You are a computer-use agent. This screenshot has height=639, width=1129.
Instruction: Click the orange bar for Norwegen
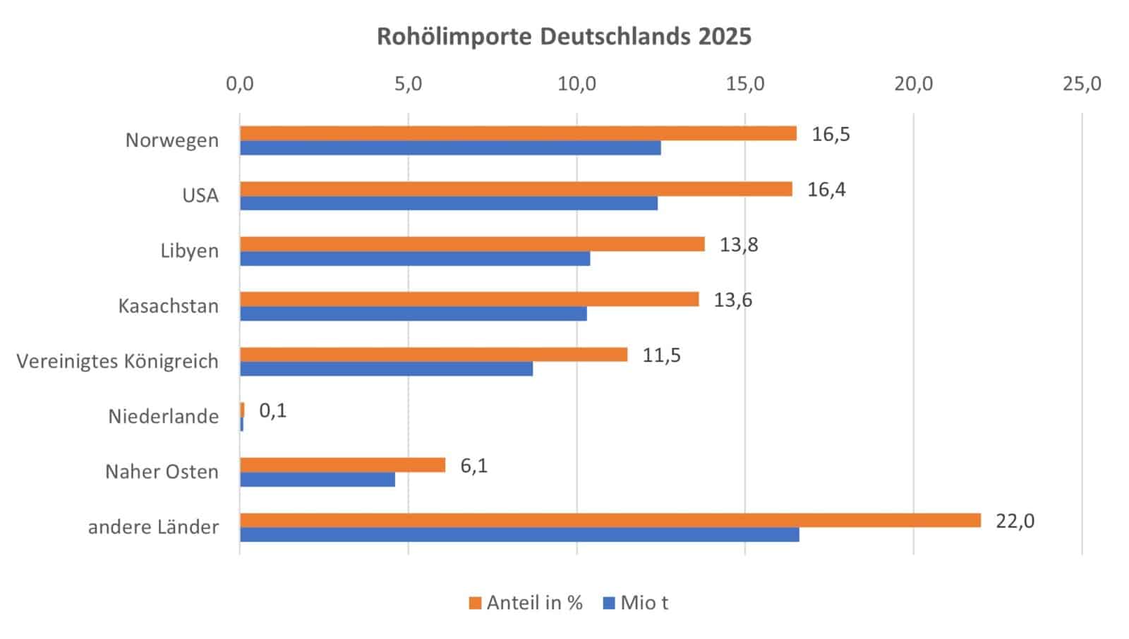pyautogui.click(x=518, y=133)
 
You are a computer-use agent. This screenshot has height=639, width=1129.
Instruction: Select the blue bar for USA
pyautogui.click(x=449, y=203)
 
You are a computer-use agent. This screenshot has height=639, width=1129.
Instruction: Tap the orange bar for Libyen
pyautogui.click(x=472, y=244)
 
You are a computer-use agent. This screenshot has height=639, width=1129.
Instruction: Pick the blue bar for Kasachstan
pyautogui.click(x=413, y=314)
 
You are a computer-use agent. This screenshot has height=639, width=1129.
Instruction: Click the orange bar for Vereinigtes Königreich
pyautogui.click(x=433, y=354)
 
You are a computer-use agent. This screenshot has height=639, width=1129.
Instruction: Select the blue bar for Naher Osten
pyautogui.click(x=318, y=480)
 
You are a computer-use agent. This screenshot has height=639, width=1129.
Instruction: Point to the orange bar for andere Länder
pyautogui.click(x=610, y=520)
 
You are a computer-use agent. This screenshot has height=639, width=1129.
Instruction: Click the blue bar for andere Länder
pyautogui.click(x=519, y=535)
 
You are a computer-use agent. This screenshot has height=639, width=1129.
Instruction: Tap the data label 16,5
pyautogui.click(x=831, y=134)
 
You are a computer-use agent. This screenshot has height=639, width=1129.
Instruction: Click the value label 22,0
pyautogui.click(x=1015, y=521)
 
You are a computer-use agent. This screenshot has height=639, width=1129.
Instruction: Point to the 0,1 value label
pyautogui.click(x=273, y=410)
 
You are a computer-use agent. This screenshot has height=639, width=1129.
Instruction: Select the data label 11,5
pyautogui.click(x=661, y=355)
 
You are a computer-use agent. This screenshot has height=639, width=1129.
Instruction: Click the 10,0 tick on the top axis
pyautogui.click(x=577, y=84)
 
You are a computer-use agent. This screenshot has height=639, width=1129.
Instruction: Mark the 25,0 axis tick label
pyautogui.click(x=1082, y=84)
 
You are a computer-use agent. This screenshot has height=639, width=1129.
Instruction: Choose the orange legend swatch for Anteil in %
pyautogui.click(x=475, y=603)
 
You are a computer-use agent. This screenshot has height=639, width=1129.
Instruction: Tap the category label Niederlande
pyautogui.click(x=163, y=416)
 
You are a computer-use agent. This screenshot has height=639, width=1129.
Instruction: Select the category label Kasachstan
pyautogui.click(x=168, y=306)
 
